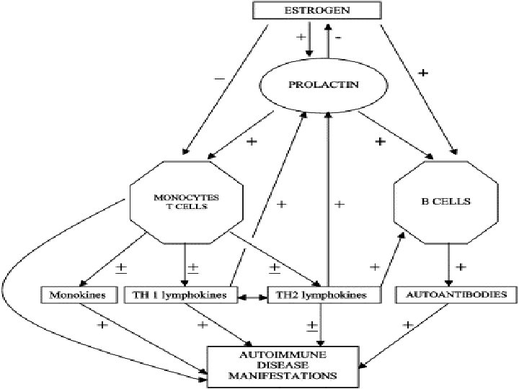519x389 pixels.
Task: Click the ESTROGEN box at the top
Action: coord(316,11)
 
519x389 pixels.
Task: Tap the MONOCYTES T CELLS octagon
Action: coord(185,202)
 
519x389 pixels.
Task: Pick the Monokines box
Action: coord(79,295)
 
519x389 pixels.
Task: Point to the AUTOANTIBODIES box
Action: coord(452,295)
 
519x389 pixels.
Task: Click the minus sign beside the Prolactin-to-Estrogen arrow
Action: coord(339,36)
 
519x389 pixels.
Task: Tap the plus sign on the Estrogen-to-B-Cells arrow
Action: coord(423,73)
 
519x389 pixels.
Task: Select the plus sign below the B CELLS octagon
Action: coord(461,267)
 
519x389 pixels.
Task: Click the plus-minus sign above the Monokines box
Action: coord(122,269)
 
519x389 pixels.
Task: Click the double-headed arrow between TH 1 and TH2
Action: coord(252,295)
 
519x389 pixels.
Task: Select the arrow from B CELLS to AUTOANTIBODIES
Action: coord(449,263)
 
